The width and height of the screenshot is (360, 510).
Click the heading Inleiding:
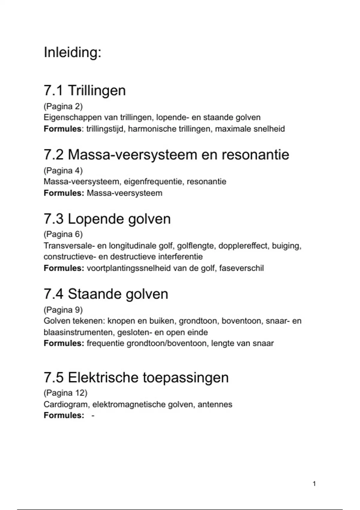click(73, 52)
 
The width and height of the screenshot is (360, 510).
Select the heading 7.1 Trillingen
click(85, 90)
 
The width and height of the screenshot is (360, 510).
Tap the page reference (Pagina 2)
click(63, 106)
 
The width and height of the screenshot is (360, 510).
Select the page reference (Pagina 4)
click(63, 170)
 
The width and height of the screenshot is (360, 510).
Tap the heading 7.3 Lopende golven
click(107, 219)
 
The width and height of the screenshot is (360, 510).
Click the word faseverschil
click(241, 268)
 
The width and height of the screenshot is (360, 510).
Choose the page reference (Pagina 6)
click(63, 234)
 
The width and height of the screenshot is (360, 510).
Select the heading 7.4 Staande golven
click(106, 294)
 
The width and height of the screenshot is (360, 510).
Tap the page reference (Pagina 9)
click(63, 310)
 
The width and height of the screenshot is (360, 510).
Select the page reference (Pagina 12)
click(65, 393)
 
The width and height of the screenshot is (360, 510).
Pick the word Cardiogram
click(66, 404)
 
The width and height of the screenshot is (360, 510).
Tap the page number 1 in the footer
click(314, 484)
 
